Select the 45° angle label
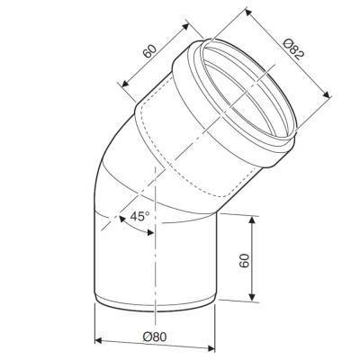point(139,216)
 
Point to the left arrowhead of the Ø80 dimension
point(99,340)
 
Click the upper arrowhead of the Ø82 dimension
point(247,12)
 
